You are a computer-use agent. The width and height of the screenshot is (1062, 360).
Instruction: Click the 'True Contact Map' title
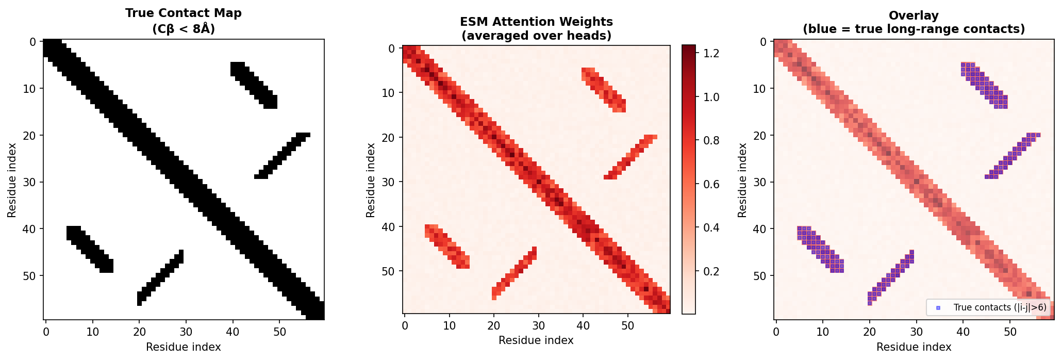(x=183, y=13)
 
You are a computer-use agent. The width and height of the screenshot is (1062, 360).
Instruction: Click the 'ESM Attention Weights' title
(x=536, y=22)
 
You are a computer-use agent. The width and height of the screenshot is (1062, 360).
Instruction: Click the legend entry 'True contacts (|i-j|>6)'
(x=992, y=307)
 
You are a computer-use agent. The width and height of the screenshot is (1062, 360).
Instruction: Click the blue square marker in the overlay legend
(x=938, y=308)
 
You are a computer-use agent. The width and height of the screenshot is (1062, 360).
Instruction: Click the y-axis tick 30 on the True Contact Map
(x=29, y=182)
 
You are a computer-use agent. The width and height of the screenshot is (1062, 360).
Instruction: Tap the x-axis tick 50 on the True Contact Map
(x=279, y=331)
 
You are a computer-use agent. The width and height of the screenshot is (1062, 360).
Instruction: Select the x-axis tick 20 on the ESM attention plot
(x=494, y=325)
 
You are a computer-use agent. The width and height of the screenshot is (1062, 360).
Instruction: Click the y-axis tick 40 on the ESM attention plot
(x=388, y=227)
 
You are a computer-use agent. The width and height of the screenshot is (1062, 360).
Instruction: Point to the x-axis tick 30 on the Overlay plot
(x=916, y=331)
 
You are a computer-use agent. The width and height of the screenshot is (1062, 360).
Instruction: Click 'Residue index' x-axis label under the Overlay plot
(x=914, y=347)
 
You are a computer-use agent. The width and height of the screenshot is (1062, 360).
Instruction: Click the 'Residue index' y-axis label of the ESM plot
(x=371, y=180)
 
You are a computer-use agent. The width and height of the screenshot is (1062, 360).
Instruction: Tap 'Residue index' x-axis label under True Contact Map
(x=183, y=347)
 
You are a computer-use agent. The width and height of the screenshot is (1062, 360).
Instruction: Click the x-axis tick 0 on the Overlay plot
(x=776, y=331)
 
